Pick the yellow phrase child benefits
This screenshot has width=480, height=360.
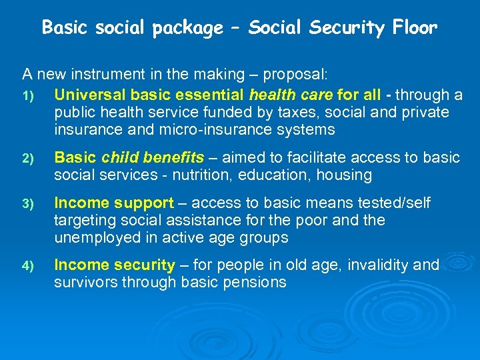coord(153,157)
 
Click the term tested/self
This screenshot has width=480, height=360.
coord(404,202)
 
